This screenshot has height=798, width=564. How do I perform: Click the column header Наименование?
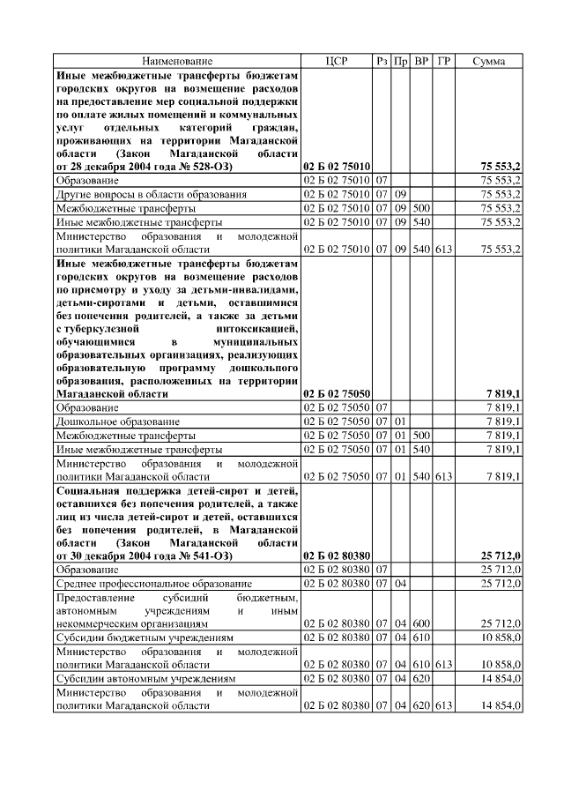177,61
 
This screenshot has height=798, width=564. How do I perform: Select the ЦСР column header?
337,61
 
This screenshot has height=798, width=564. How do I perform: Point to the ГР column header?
444,61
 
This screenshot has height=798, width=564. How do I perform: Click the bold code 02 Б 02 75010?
337,166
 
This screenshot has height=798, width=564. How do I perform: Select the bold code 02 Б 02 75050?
337,393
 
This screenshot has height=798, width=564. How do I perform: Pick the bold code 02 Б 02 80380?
337,556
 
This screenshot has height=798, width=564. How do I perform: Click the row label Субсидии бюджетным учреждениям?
145,637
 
